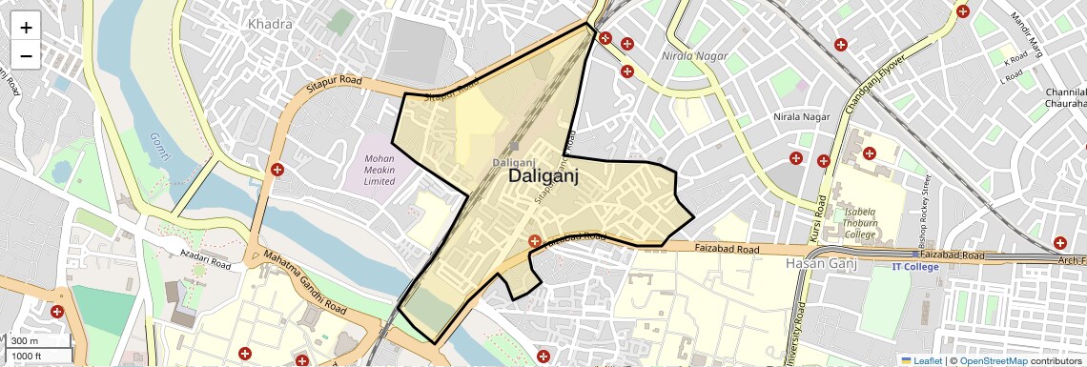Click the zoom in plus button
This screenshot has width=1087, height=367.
pyautogui.click(x=26, y=28)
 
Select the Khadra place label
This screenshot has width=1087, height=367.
pyautogui.click(x=269, y=23)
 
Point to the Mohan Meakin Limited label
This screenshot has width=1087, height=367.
pyautogui.click(x=379, y=170)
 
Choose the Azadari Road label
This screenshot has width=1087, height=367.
pyautogui.click(x=206, y=258)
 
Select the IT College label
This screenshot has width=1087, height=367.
pyautogui.click(x=915, y=267)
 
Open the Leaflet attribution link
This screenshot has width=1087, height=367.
pyautogui.click(x=922, y=360)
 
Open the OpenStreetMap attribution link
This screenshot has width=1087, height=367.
pyautogui.click(x=993, y=360)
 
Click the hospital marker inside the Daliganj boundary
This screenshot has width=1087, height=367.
pyautogui.click(x=535, y=242)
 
